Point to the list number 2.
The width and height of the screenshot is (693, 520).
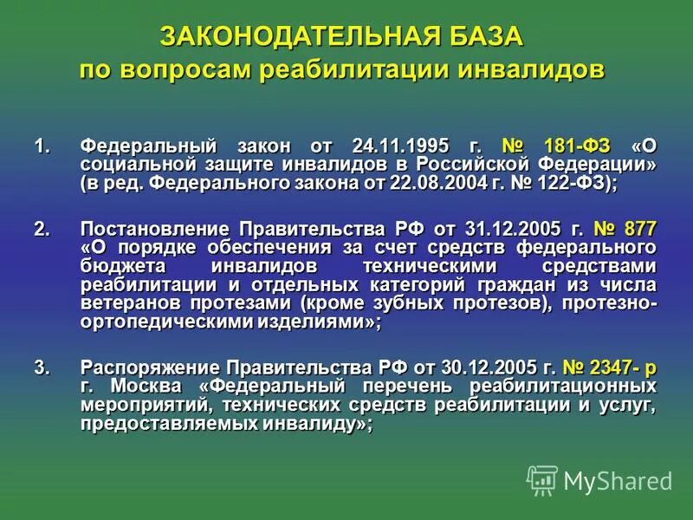pos(40,229)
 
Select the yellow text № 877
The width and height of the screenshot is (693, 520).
pos(625,229)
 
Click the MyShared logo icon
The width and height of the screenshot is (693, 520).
pos(542,479)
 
